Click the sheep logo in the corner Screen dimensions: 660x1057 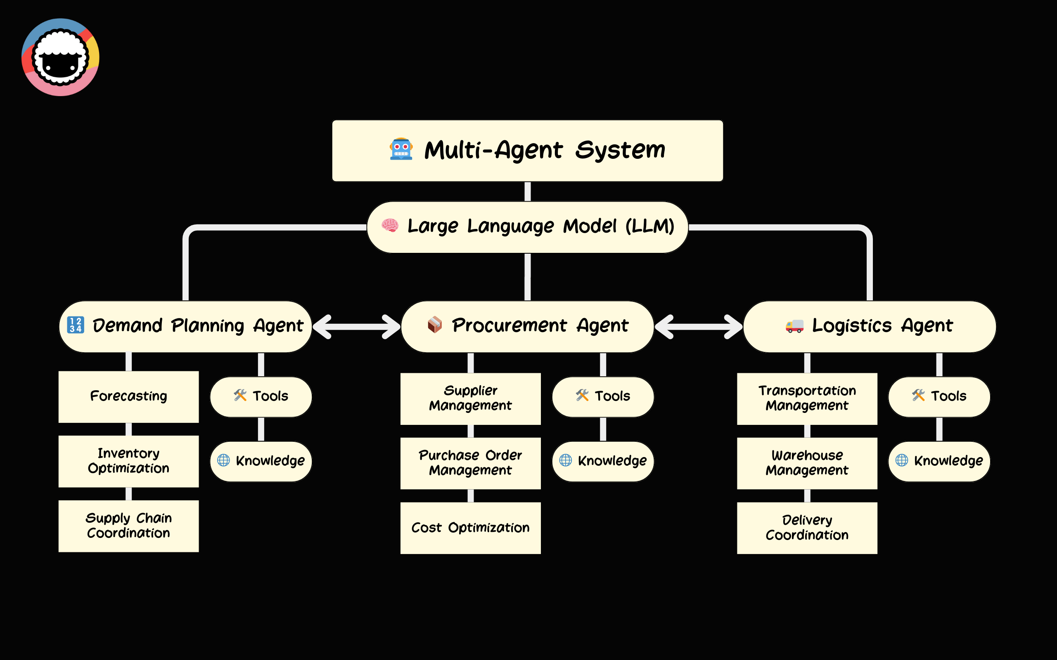60,57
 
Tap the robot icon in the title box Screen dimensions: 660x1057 401,149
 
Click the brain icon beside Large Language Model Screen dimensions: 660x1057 390,226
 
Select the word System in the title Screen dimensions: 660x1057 620,150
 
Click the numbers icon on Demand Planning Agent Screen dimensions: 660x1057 75,325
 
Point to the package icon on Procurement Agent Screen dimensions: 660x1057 435,325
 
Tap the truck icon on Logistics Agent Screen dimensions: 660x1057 794,326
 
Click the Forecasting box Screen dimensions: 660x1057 128,396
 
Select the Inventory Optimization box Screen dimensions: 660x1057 128,461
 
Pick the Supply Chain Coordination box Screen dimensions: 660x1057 128,526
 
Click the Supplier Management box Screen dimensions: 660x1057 470,398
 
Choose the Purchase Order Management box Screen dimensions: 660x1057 470,463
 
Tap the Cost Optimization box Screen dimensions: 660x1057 470,528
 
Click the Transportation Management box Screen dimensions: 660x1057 807,398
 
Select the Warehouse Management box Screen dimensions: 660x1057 807,463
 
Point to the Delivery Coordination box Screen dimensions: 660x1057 807,528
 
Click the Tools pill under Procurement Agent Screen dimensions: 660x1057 603,396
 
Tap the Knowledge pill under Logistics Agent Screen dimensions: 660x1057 939,461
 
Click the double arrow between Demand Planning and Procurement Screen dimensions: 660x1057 356,327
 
